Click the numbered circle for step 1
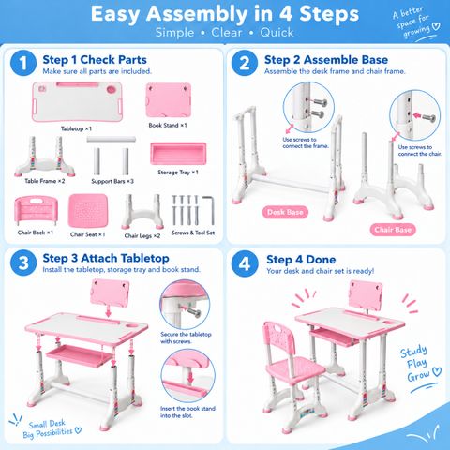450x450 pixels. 23,63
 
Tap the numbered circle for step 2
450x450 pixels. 245,63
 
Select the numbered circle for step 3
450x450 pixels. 23,262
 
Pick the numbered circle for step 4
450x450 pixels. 245,263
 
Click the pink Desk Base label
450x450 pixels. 285,212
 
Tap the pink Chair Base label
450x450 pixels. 393,230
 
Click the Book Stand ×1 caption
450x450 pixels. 168,125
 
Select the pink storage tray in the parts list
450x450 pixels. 178,153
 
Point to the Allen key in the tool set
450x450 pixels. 210,209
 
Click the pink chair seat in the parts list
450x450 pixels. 88,211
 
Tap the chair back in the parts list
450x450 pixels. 36,210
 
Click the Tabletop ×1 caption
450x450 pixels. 76,128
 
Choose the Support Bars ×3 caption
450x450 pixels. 112,181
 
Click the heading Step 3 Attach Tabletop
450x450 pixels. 106,258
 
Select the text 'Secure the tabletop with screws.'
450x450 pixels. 186,337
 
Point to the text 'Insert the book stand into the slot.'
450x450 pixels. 187,412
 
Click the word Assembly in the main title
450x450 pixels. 197,15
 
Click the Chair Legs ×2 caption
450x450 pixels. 142,235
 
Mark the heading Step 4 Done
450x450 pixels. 301,260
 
